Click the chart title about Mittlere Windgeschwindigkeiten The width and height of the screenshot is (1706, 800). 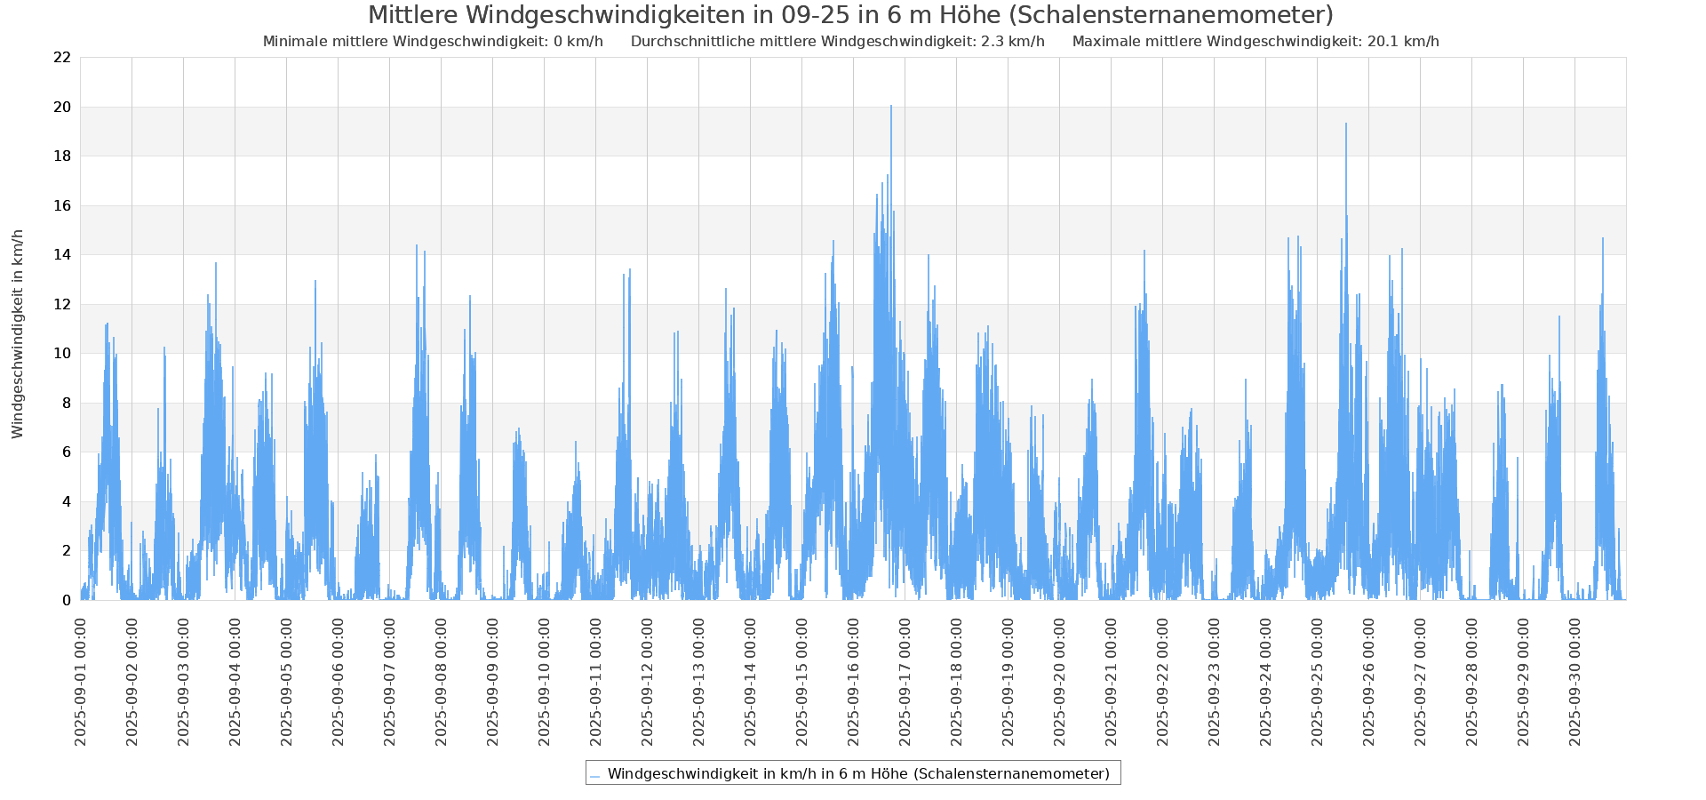pos(850,16)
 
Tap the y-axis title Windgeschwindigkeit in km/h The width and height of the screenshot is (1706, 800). pos(18,333)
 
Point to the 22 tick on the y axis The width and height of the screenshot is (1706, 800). pos(62,58)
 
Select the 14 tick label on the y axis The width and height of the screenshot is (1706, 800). pos(62,255)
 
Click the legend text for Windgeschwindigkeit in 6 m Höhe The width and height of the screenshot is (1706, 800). pos(858,773)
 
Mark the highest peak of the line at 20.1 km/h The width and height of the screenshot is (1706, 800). pos(890,107)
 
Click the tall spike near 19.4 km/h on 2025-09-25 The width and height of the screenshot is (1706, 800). pos(1346,124)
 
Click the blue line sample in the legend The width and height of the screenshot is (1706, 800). pos(594,775)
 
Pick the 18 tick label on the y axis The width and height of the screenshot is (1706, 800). pos(62,156)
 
